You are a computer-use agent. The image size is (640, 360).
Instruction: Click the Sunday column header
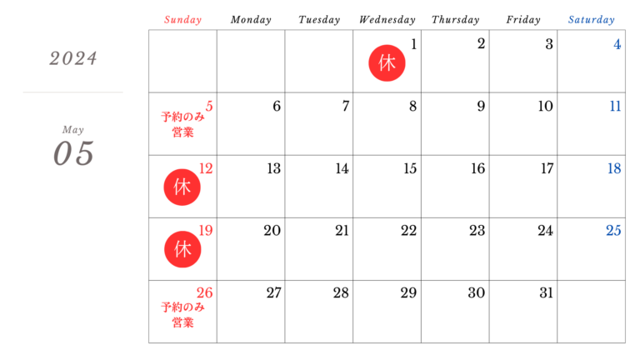(x=182, y=20)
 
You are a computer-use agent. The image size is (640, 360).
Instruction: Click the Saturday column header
(x=592, y=20)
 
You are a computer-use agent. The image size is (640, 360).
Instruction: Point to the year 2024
(x=72, y=58)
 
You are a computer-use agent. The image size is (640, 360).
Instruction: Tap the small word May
(x=72, y=130)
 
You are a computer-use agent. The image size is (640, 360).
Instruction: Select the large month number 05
(x=73, y=154)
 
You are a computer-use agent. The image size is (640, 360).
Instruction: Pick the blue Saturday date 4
(x=617, y=44)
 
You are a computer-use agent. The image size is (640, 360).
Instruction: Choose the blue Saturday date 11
(x=615, y=106)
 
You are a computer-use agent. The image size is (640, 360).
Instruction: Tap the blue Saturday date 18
(x=614, y=168)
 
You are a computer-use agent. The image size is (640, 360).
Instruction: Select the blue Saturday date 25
(x=613, y=231)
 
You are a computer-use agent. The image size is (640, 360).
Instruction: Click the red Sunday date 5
(x=209, y=106)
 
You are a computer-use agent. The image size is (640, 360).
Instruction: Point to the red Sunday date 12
(x=206, y=168)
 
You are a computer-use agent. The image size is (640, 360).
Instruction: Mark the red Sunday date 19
(x=205, y=231)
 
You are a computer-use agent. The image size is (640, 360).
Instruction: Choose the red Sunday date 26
(x=205, y=292)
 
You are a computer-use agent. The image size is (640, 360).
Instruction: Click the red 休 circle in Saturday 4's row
(x=387, y=63)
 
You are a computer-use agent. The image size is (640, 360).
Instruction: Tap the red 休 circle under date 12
(x=182, y=187)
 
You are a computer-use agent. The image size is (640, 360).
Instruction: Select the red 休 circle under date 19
(x=182, y=249)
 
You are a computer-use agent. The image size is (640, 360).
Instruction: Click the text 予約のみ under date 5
(x=182, y=117)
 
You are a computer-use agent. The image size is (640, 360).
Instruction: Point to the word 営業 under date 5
(x=182, y=132)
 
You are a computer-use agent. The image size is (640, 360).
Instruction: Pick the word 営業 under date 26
(x=182, y=322)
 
